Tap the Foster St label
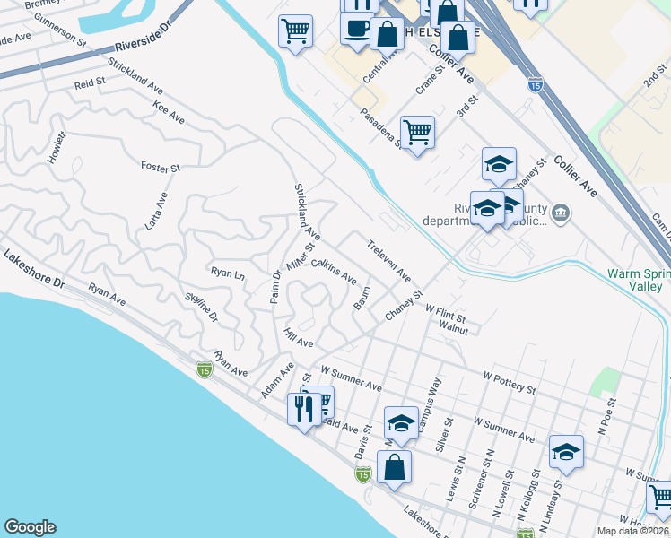click(161, 167)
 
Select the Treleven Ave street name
click(388, 258)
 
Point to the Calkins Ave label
click(334, 270)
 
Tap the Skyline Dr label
click(201, 306)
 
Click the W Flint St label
click(446, 313)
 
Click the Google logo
click(30, 527)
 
